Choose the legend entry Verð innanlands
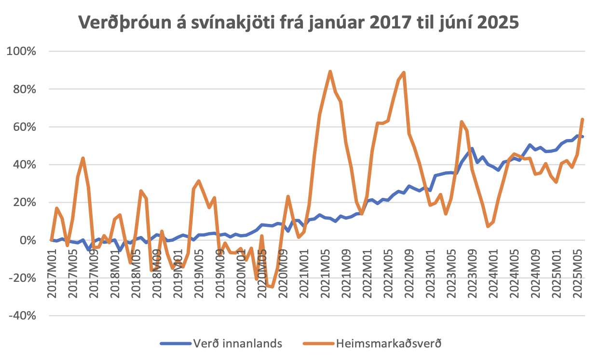click(237, 344)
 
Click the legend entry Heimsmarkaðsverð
click(389, 344)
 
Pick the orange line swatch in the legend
click(318, 344)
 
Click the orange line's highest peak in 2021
click(330, 71)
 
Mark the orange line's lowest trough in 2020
click(272, 287)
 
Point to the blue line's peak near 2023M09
click(472, 149)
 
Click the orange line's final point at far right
click(583, 119)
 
